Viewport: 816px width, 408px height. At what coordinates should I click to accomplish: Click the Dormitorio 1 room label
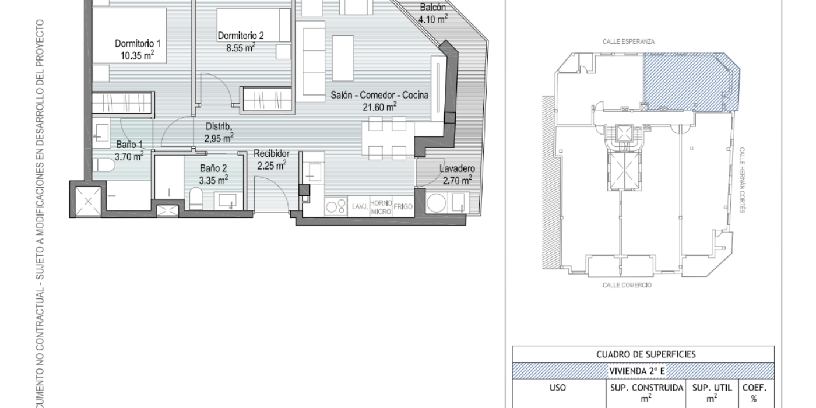[x=138, y=43]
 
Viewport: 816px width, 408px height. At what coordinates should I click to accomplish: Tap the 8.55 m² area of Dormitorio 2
[x=241, y=47]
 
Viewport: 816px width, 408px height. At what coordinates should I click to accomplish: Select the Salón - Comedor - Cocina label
[x=379, y=95]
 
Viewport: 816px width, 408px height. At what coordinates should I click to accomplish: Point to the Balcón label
[x=432, y=7]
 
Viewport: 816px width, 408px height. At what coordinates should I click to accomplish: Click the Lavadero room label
[x=457, y=168]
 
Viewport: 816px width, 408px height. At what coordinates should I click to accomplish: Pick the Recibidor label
[x=272, y=153]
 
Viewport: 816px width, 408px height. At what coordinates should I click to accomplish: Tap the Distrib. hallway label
[x=219, y=126]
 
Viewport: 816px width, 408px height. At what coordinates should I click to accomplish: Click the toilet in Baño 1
[x=104, y=165]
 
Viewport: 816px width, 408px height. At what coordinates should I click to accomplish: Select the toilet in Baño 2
[x=196, y=199]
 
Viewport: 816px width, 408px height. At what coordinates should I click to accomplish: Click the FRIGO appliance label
[x=403, y=206]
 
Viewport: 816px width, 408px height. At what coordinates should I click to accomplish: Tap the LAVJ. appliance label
[x=360, y=206]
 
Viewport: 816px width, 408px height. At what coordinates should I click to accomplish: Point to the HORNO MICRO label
[x=381, y=207]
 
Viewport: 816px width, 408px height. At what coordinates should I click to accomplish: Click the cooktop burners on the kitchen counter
[x=336, y=206]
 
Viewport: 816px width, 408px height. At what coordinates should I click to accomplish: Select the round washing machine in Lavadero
[x=436, y=203]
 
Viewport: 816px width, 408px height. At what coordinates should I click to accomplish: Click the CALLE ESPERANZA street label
[x=628, y=41]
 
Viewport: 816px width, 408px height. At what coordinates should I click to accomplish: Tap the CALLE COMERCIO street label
[x=627, y=285]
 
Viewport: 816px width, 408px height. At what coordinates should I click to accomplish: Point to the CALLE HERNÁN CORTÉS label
[x=741, y=180]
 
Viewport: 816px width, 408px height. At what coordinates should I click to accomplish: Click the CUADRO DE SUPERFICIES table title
[x=646, y=354]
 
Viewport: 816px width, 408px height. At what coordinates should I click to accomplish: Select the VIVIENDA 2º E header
[x=638, y=371]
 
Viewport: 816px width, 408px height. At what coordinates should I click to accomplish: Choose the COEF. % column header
[x=754, y=393]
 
